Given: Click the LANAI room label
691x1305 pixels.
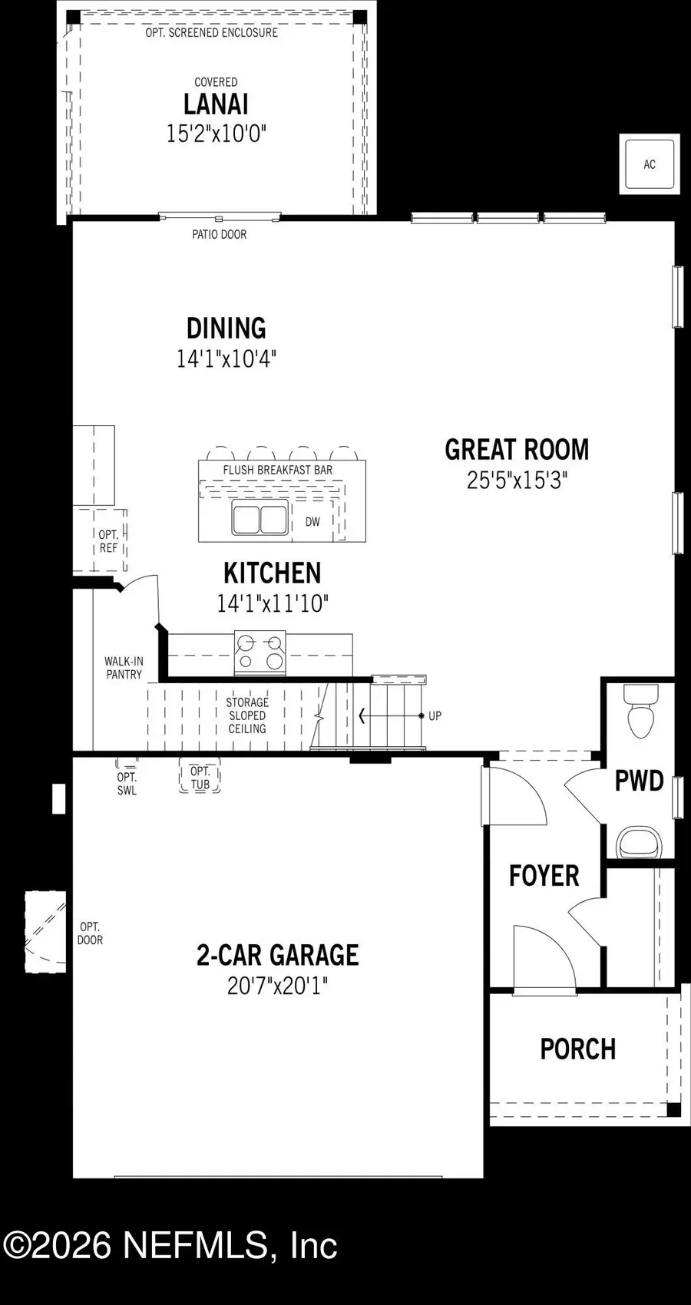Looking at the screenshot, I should [216, 104].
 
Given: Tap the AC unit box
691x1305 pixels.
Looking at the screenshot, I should [650, 164].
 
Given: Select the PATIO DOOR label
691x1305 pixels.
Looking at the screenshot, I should [219, 235].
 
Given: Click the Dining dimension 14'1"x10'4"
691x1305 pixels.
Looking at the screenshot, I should [226, 358].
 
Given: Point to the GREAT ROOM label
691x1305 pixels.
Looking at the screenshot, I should [517, 450].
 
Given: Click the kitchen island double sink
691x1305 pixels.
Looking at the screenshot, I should [260, 519].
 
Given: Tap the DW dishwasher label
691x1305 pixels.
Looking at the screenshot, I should [312, 522].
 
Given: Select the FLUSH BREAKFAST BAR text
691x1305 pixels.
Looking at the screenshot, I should [278, 470].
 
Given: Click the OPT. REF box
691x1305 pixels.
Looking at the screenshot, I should [108, 541].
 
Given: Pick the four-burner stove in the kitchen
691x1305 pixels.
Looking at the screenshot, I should [260, 652].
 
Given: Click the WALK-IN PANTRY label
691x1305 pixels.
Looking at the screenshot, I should [124, 668].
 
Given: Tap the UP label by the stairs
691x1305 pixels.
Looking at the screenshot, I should [435, 716].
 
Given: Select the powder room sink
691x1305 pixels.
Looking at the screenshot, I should [640, 841].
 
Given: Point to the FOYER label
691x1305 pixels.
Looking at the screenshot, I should [544, 876].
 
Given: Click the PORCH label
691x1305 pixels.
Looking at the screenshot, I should [577, 1049].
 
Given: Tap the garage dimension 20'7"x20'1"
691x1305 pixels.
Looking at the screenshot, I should [277, 986].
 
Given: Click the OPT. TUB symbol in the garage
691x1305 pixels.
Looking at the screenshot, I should [200, 777].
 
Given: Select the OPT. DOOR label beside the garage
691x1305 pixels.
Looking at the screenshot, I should [89, 933].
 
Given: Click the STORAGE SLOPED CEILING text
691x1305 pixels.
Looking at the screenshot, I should [247, 715].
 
